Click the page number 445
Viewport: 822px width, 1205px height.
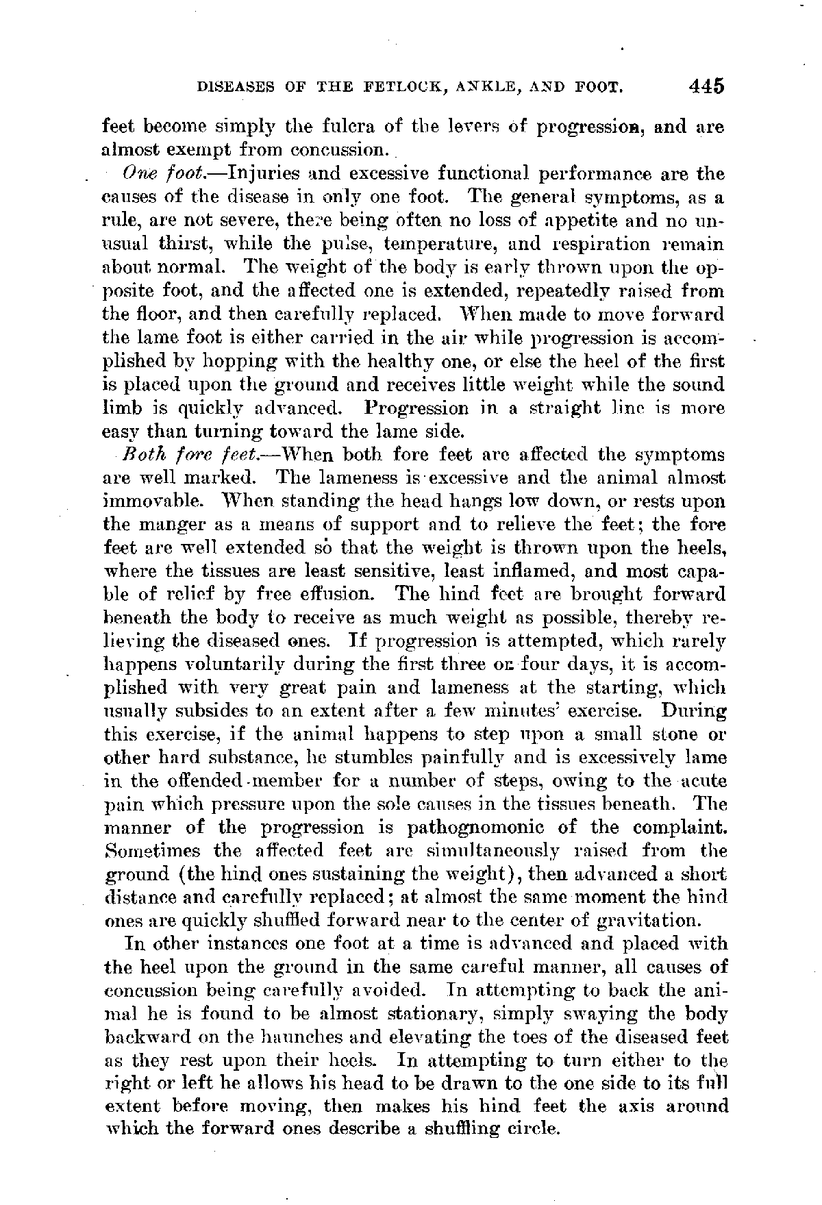(707, 87)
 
